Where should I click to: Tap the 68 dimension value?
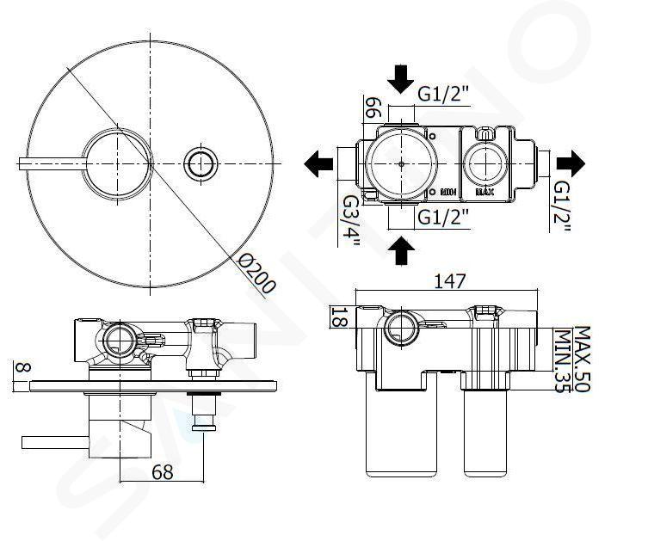click(162, 471)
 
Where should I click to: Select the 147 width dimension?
click(450, 281)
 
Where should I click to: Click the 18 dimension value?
click(339, 317)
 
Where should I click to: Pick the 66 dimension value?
click(373, 108)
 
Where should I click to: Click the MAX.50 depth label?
click(582, 359)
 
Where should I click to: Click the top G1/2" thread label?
click(443, 94)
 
